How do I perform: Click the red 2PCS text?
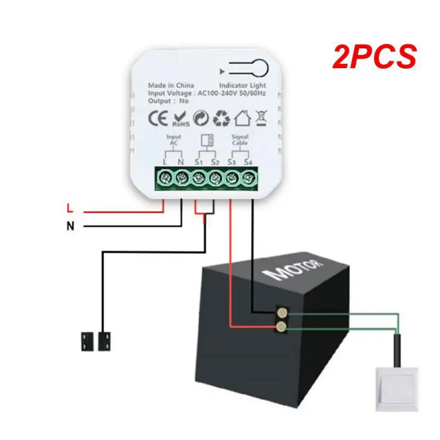373,58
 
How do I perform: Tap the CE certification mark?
158,118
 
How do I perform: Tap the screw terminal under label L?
163,178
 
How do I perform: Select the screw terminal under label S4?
249,178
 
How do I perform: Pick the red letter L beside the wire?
69,208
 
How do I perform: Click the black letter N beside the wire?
70,225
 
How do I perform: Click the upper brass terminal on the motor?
282,313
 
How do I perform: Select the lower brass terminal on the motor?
282,328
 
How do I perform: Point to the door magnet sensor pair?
97,341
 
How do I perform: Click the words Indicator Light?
243,86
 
